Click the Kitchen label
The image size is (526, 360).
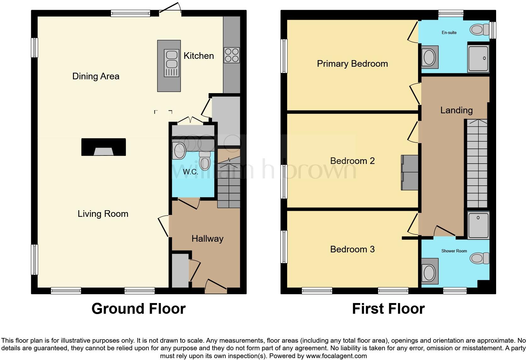[x=199, y=56]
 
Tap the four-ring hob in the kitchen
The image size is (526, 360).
[x=232, y=55]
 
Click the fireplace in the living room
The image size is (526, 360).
[x=104, y=147]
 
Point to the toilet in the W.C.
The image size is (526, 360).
[x=205, y=161]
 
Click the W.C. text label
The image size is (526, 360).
[x=190, y=172]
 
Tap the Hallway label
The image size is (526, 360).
[x=207, y=239]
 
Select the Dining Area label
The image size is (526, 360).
[x=96, y=76]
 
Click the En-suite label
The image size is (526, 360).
[x=449, y=32]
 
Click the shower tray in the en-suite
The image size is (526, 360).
[x=478, y=59]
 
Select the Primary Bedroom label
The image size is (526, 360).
[x=352, y=64]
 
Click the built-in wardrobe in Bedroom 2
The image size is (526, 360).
[x=410, y=172]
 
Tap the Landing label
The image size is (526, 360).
[x=456, y=110]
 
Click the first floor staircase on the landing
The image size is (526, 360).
[x=477, y=164]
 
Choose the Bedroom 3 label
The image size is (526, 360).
[x=352, y=249]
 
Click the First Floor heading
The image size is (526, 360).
[x=388, y=308]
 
